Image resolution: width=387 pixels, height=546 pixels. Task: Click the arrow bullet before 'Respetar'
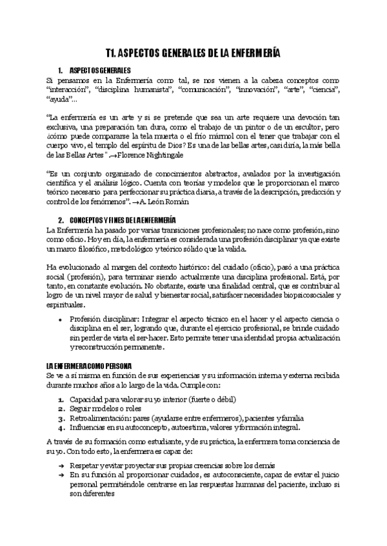[x=60, y=465]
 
